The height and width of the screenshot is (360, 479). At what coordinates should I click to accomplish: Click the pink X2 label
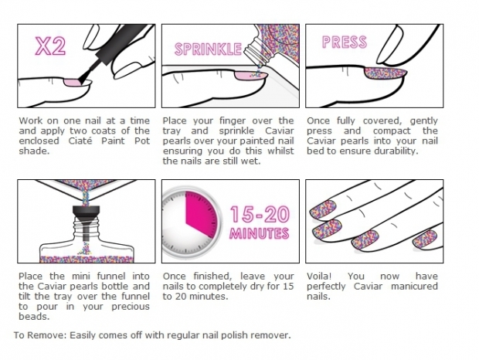49,47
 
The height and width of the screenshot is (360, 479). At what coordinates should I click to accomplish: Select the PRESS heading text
344,42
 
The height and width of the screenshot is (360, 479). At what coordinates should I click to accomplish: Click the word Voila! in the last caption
320,277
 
